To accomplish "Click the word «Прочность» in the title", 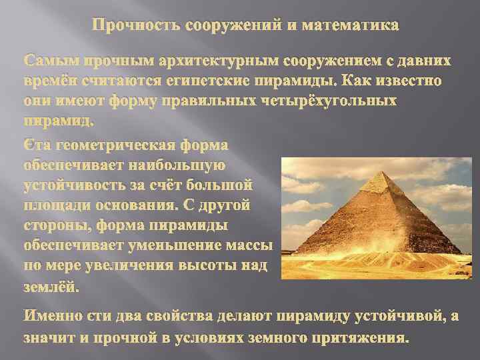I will pyautogui.click(x=131, y=27).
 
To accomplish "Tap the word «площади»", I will pyautogui.click(x=56, y=201).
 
